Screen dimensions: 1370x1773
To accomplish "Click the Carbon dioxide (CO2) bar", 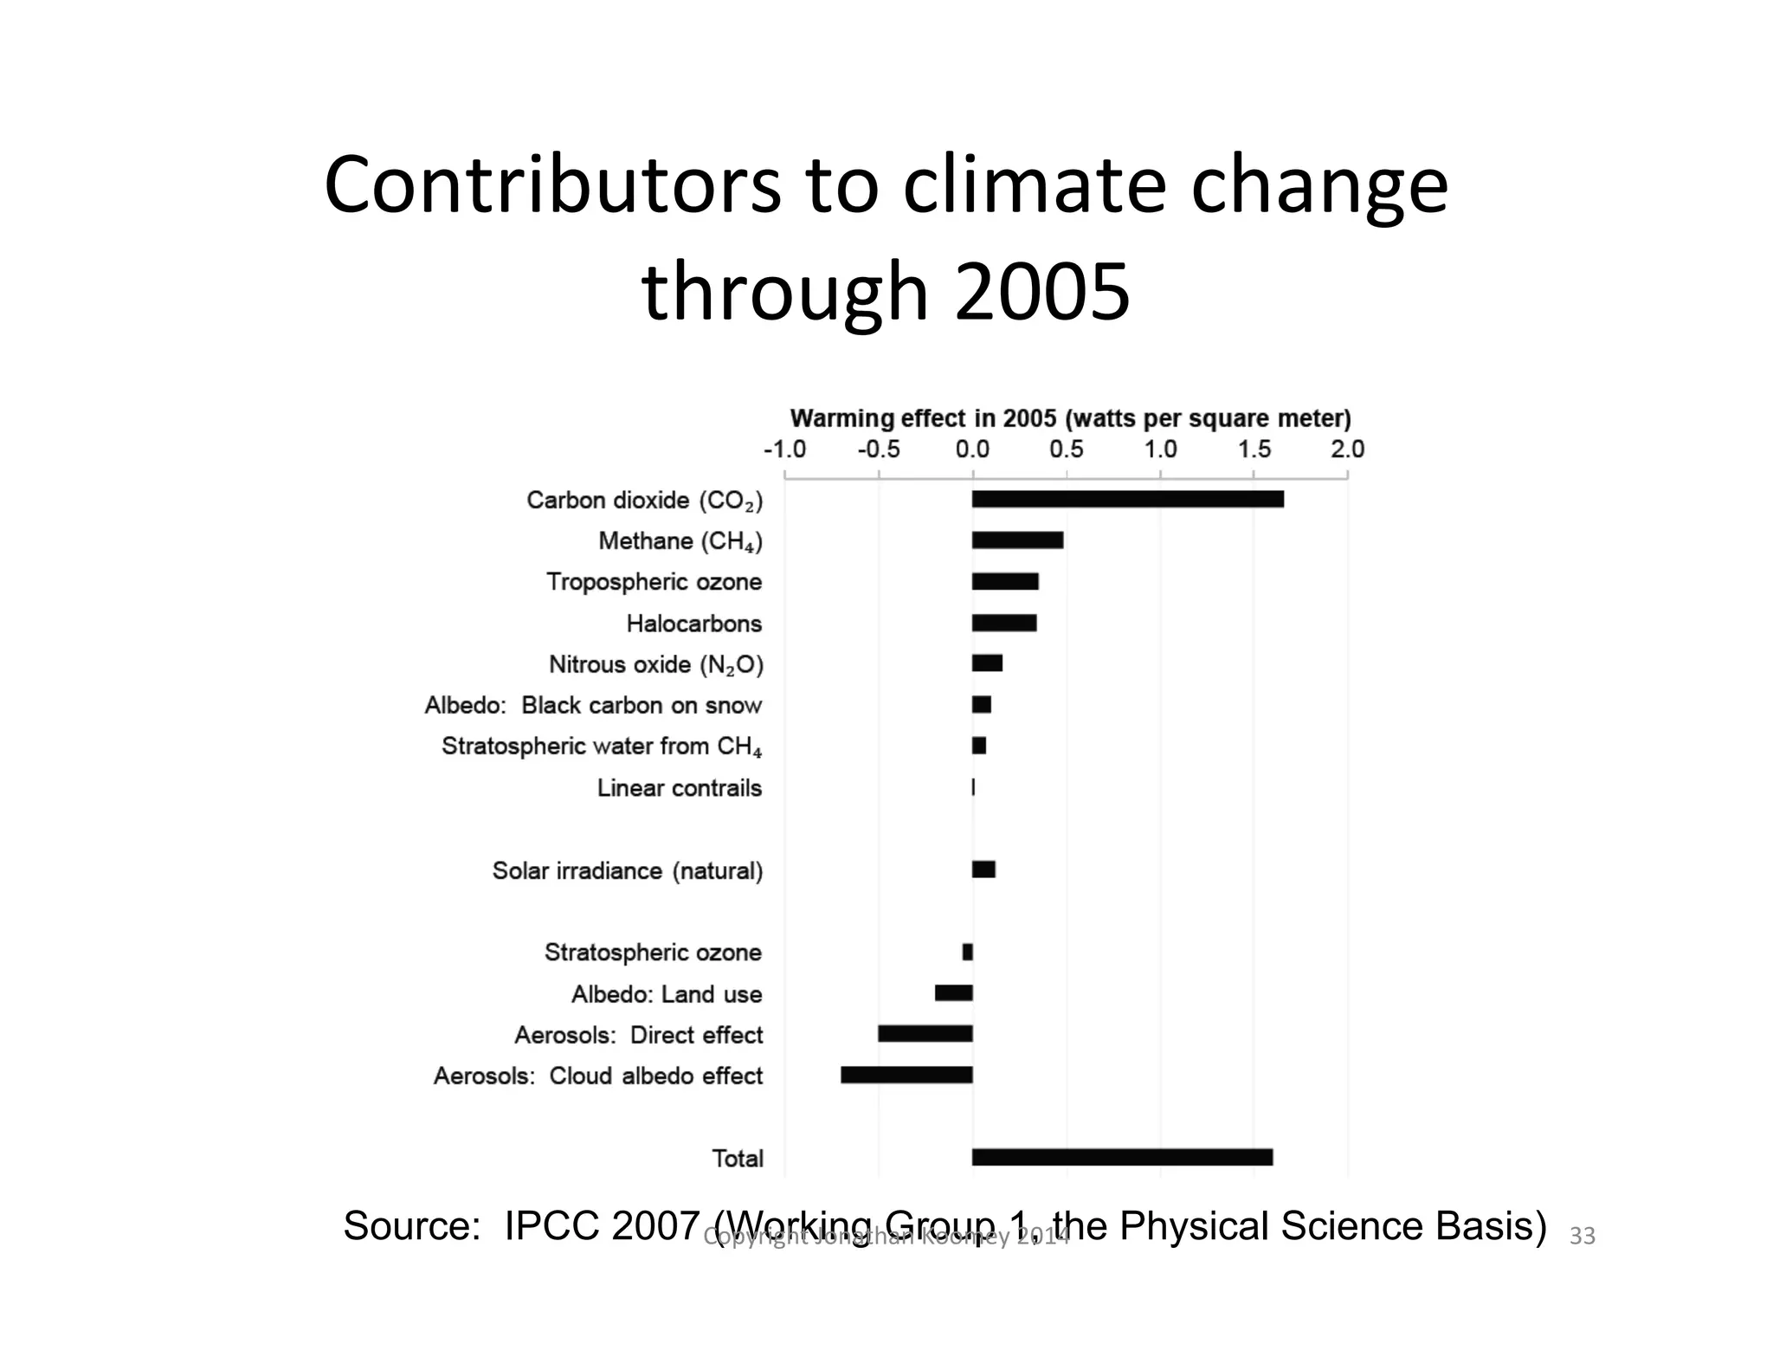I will [x=1127, y=499].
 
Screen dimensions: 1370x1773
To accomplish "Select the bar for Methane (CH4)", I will [x=1017, y=540].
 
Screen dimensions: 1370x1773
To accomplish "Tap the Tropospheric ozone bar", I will [x=1005, y=581].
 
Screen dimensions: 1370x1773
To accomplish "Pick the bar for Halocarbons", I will [x=1004, y=623].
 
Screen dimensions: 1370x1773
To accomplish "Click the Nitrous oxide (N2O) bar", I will [x=987, y=663].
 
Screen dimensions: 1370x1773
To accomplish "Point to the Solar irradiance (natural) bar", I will [x=983, y=869].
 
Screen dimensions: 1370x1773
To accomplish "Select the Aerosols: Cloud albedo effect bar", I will [x=906, y=1075].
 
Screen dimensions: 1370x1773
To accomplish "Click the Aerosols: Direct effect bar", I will [x=925, y=1033].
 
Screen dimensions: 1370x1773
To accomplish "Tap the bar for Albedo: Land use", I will [x=953, y=993].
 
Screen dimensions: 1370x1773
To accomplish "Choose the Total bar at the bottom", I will [x=1122, y=1158].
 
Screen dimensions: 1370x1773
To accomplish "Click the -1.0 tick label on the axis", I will [x=784, y=449].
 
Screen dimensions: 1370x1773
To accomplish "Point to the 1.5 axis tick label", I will [x=1254, y=449].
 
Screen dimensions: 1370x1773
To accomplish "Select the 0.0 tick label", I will [x=972, y=449].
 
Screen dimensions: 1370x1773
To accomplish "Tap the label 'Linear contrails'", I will [x=679, y=788].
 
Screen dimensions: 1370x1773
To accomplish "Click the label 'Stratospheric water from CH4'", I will [x=602, y=746].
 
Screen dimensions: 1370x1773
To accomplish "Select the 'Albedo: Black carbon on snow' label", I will [x=593, y=706].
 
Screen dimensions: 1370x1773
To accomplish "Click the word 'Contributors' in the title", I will [x=552, y=185].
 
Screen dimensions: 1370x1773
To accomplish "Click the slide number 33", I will [x=1582, y=1237].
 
